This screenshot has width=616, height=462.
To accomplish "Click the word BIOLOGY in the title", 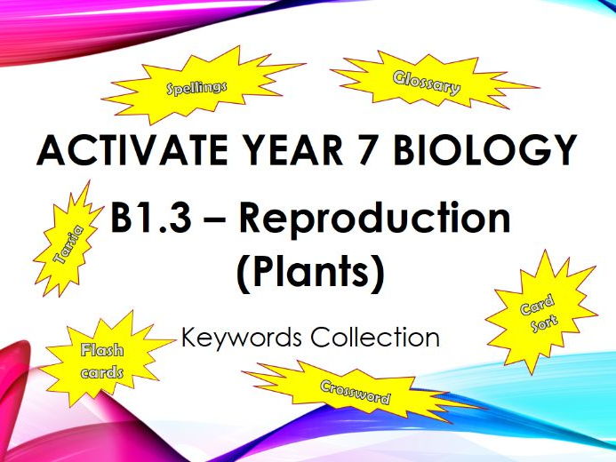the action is (x=485, y=150).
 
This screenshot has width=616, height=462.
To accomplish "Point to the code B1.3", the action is (x=151, y=219).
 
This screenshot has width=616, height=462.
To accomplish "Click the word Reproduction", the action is (x=374, y=219).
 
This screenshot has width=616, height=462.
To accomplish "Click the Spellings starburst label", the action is (x=196, y=88).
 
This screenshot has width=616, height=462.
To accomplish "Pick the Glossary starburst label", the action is (x=427, y=83).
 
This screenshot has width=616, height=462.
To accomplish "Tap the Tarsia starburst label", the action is (x=68, y=243).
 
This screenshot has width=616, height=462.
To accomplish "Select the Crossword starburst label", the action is (x=356, y=392).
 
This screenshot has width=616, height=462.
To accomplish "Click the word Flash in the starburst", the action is (x=102, y=350).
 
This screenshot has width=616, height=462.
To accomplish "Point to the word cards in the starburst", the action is (x=102, y=371).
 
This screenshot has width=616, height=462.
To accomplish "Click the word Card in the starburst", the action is (x=537, y=305).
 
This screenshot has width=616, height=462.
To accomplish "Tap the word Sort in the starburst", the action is (x=544, y=323).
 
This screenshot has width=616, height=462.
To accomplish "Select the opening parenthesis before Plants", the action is (x=243, y=274).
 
